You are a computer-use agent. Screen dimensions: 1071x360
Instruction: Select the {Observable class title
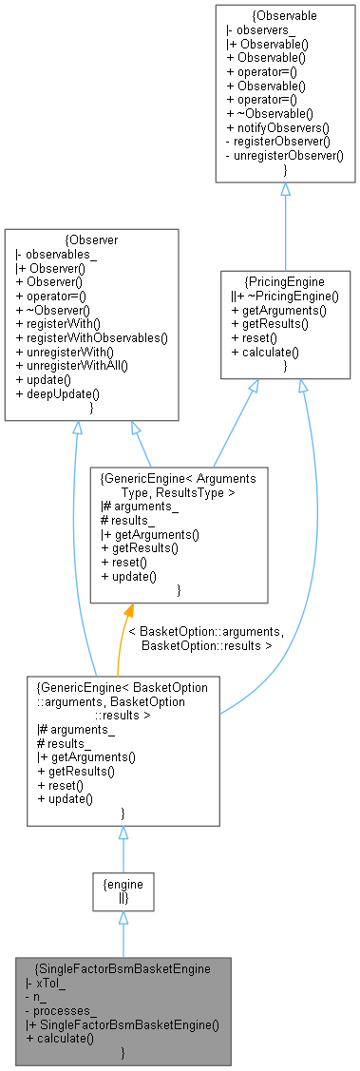284,17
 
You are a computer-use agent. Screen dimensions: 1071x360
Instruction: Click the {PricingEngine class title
284,282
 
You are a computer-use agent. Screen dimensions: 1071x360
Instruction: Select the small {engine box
122,889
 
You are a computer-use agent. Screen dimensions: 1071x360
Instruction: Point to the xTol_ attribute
46,982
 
